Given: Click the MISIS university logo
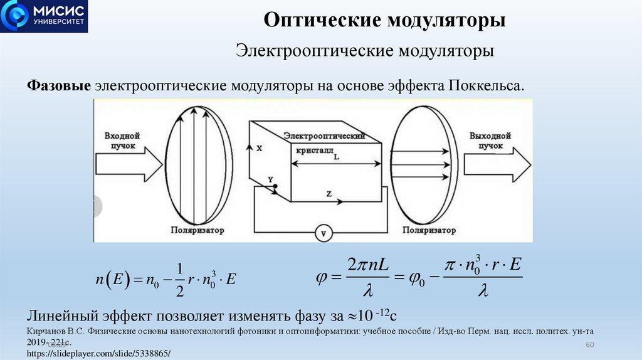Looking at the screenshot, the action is tap(44, 16).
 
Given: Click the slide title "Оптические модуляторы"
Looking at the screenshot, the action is tap(384, 20).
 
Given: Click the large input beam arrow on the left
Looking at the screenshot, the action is tap(129, 166).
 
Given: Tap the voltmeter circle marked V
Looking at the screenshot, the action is tap(324, 233).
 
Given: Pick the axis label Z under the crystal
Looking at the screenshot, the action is tap(329, 194).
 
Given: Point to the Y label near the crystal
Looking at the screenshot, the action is tap(270, 180).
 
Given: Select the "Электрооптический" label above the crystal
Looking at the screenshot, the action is tap(324, 135).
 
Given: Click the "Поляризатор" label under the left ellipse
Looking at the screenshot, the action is tap(197, 230).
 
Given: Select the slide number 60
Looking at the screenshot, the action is tap(589, 346).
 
